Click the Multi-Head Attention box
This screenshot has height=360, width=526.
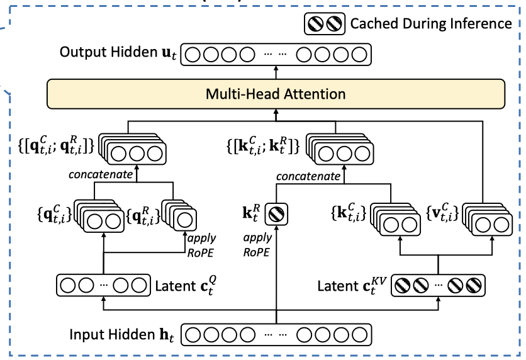[x=276, y=94]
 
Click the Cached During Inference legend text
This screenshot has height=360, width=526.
[x=431, y=24]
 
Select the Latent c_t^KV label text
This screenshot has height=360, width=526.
[x=349, y=286]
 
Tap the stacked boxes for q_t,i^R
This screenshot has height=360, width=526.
[x=181, y=217]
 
